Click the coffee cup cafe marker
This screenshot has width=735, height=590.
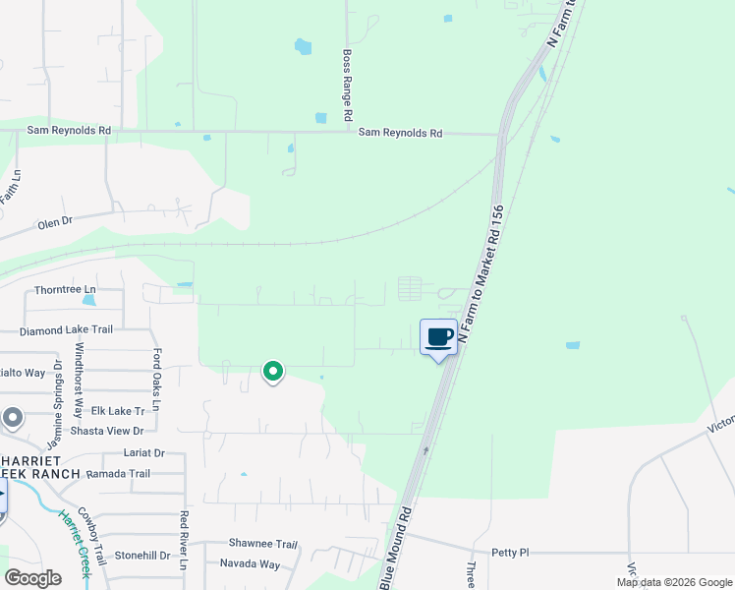click(438, 338)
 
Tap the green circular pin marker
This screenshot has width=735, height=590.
click(273, 371)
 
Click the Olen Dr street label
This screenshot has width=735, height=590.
click(55, 222)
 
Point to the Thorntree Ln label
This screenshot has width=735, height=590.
click(66, 289)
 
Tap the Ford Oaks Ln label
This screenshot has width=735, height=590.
click(156, 372)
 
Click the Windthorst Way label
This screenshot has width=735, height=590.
click(79, 368)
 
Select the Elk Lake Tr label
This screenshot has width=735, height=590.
click(118, 410)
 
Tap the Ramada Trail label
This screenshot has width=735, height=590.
click(118, 473)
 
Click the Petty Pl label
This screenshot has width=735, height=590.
click(510, 553)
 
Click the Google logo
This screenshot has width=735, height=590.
click(32, 578)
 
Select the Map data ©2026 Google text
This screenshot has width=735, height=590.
click(673, 582)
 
